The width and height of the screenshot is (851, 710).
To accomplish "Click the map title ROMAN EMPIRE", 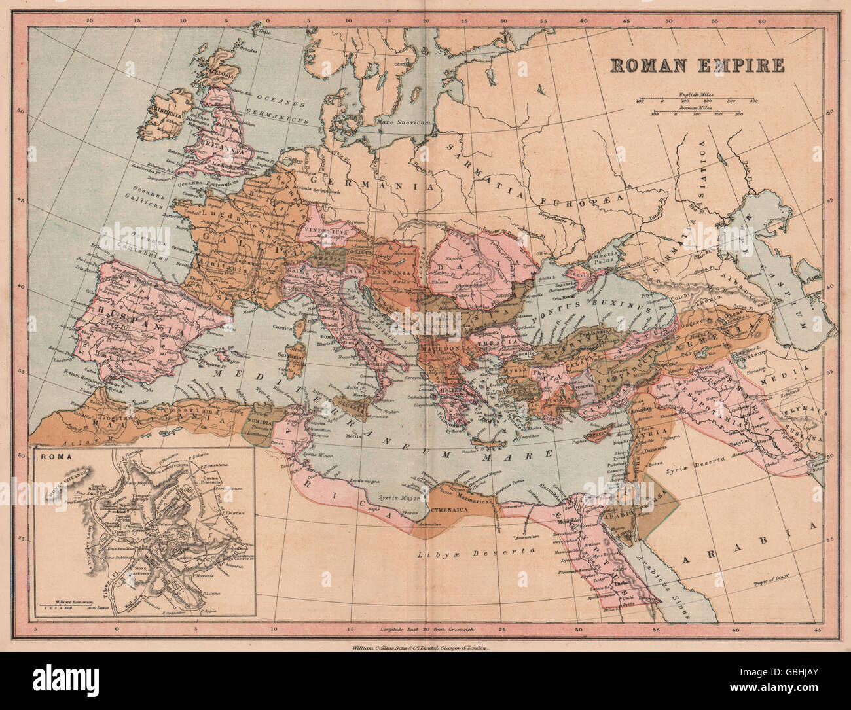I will click(x=697, y=65).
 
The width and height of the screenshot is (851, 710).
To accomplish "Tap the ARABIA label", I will click(x=749, y=543).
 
